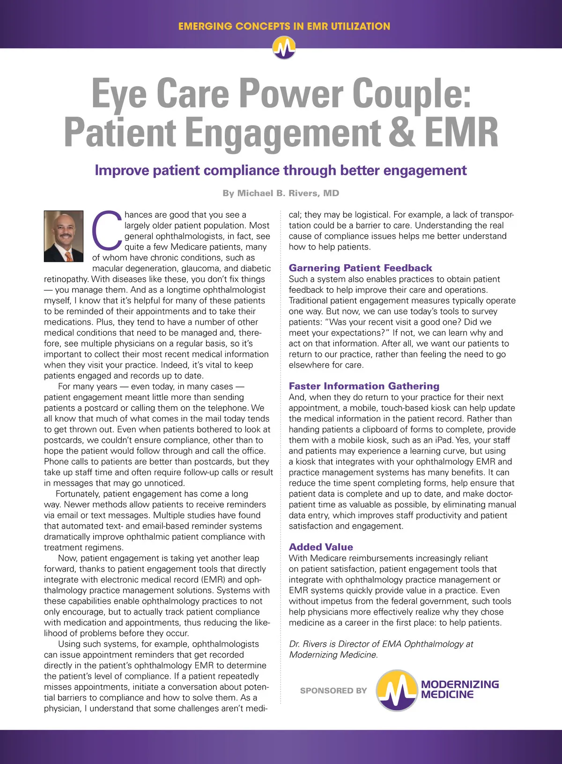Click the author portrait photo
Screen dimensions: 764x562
(64, 236)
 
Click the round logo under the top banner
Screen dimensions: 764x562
(284, 48)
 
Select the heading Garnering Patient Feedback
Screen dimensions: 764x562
(360, 268)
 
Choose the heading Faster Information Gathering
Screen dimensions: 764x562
(364, 386)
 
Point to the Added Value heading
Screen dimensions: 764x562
(321, 547)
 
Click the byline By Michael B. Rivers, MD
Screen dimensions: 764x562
(281, 193)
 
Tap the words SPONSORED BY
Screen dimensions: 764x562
(333, 690)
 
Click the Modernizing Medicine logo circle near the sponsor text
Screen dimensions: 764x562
(397, 690)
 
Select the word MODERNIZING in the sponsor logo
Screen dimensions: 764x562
(460, 684)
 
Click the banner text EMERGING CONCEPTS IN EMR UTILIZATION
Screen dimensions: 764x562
(284, 26)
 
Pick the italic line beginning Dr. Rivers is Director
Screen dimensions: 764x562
(381, 644)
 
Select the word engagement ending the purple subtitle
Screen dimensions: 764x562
(425, 170)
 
